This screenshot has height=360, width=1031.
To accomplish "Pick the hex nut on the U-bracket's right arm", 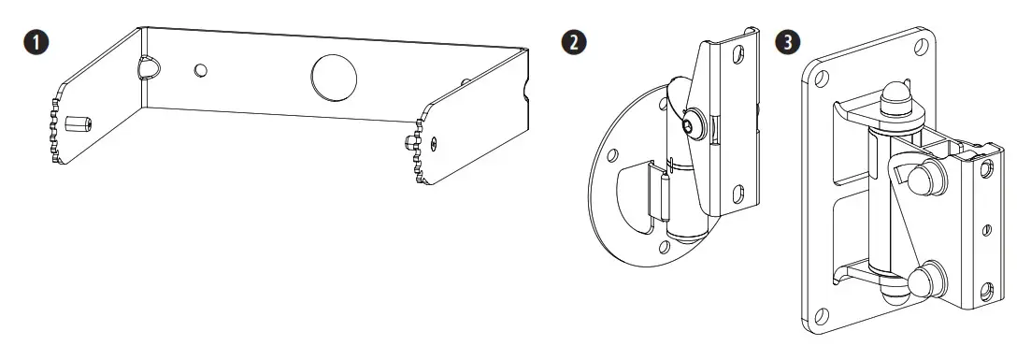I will [408, 142].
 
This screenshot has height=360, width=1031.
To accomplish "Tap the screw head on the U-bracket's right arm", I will [434, 142].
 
